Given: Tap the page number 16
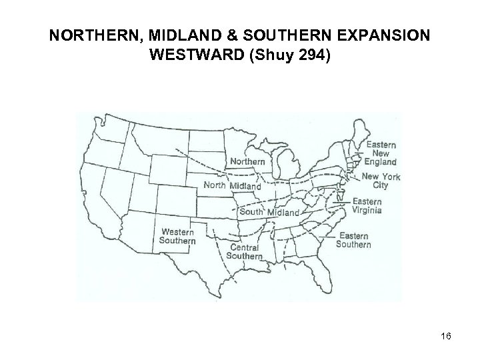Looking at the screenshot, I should (445, 337).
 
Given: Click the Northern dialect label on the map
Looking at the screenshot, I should (248, 161).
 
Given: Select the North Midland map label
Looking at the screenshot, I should (231, 186).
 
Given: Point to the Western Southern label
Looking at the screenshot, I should (177, 236).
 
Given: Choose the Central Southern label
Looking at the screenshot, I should (245, 251).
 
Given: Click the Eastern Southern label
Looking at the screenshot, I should (353, 240).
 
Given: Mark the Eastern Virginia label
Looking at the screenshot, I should (367, 206).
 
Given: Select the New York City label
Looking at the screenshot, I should (381, 181).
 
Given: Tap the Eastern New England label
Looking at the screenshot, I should (381, 153).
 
